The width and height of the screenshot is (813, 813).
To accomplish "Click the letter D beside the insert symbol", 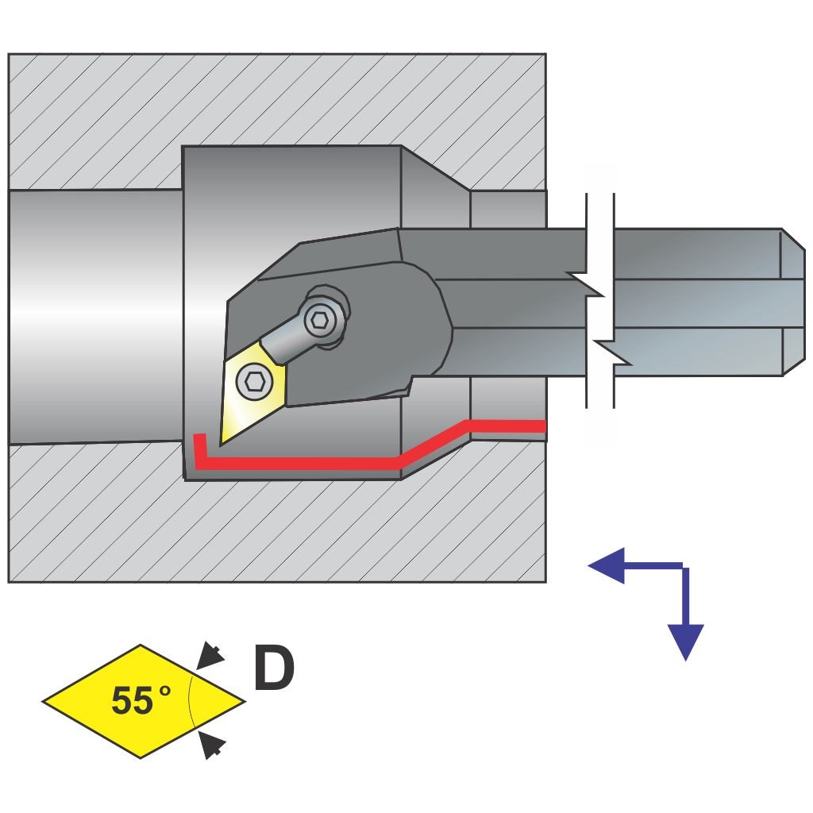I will [274, 669].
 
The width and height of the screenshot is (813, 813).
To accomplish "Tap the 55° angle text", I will [141, 700].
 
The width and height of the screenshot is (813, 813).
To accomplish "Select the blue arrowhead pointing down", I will [685, 641].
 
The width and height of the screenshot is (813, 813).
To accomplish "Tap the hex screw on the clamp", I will [320, 319].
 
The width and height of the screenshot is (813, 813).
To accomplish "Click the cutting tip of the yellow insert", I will [223, 444].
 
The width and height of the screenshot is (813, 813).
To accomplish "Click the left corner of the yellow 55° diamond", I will [44, 701].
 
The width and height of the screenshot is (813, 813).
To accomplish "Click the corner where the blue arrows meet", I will [684, 566].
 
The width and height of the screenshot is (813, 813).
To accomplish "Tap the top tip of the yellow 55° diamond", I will [141, 646].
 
